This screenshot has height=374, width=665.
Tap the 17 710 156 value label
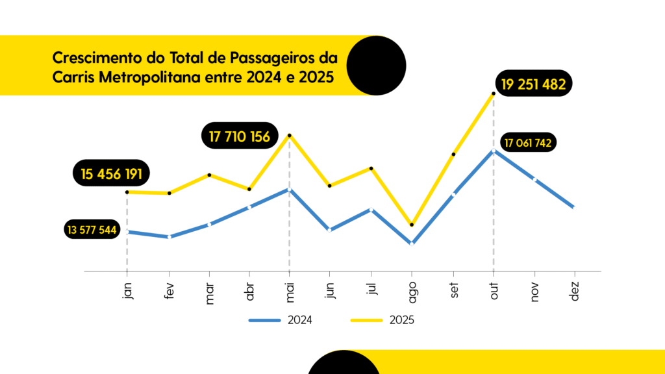[x=239, y=136]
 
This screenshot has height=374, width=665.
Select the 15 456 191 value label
[x=112, y=173]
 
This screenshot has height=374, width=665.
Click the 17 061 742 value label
[x=530, y=143]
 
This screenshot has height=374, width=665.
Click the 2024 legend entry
[x=281, y=319]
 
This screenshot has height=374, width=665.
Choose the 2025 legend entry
[x=383, y=319]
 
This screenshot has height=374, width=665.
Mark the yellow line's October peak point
[x=494, y=93]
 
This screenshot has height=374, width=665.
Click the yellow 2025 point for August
[x=412, y=225]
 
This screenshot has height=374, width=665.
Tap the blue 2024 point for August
[x=412, y=243]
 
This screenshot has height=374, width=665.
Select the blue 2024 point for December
[x=573, y=207]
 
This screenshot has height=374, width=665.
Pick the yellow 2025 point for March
[x=209, y=175]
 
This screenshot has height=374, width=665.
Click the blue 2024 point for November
[x=534, y=179]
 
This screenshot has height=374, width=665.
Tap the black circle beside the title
[x=376, y=65]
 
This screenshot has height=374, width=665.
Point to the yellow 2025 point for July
[x=371, y=168]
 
